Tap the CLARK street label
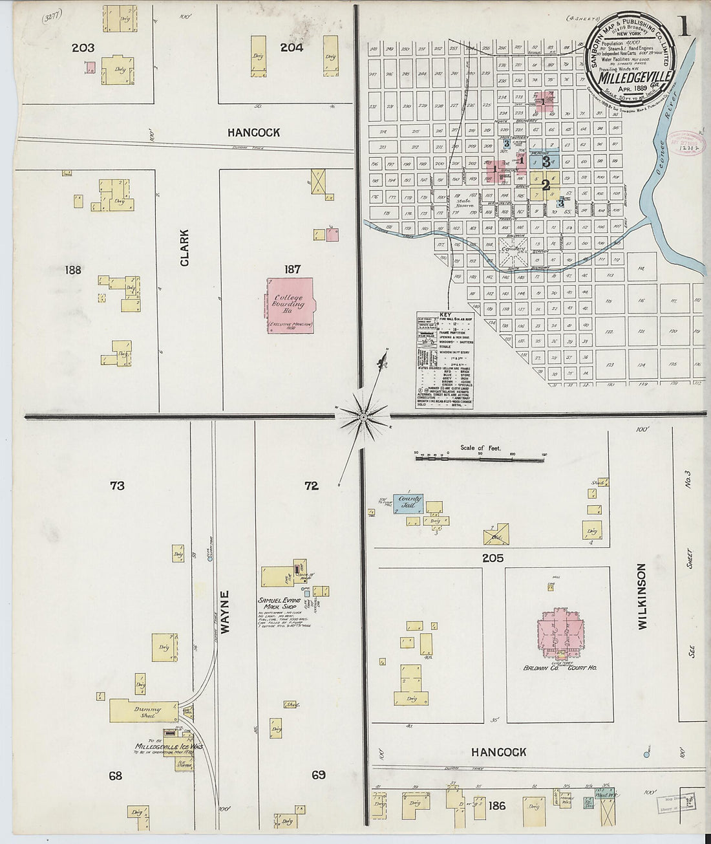tap(185, 248)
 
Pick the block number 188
tap(73, 270)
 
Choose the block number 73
tap(116, 486)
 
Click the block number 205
tap(492, 557)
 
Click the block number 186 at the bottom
tap(497, 806)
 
